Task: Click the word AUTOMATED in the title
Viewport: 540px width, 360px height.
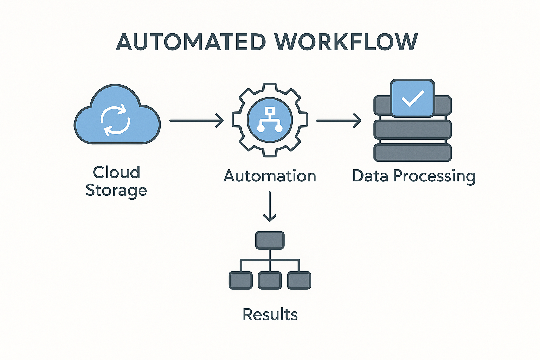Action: (191, 42)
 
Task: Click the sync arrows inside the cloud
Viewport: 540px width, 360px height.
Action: (115, 120)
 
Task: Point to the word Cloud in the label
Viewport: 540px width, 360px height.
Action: (116, 172)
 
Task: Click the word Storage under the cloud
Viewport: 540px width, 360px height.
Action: (116, 191)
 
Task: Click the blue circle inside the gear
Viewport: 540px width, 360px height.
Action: (270, 120)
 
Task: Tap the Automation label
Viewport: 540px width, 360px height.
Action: (270, 176)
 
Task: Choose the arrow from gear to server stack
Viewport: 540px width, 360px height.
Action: (338, 120)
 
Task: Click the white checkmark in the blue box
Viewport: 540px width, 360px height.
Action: (413, 98)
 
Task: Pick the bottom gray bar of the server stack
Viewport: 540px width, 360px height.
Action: (412, 153)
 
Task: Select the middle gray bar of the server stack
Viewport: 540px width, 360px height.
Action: (412, 129)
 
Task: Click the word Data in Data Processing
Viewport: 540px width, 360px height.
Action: (370, 176)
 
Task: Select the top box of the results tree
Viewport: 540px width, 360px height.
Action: (270, 240)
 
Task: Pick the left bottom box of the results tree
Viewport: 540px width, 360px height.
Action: (240, 281)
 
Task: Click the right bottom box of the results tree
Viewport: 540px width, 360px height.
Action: (299, 281)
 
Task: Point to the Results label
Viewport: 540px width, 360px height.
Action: (270, 314)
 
